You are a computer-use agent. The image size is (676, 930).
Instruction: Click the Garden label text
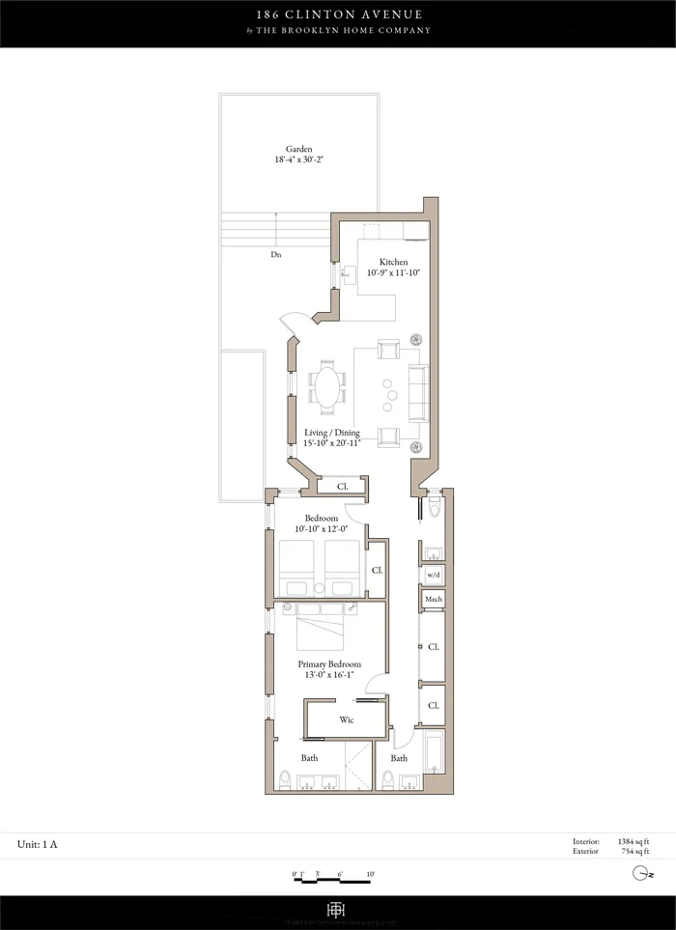(297, 150)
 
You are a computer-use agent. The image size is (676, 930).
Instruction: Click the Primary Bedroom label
(329, 664)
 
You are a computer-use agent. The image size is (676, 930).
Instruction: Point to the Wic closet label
(346, 720)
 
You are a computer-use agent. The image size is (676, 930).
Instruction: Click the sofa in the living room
(417, 393)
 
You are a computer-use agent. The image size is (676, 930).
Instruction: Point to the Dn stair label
(276, 255)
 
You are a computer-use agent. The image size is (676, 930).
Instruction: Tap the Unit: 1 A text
(38, 845)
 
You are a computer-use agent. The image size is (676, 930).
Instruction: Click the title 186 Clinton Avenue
(337, 15)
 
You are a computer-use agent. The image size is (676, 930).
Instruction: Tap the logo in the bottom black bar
(337, 912)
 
